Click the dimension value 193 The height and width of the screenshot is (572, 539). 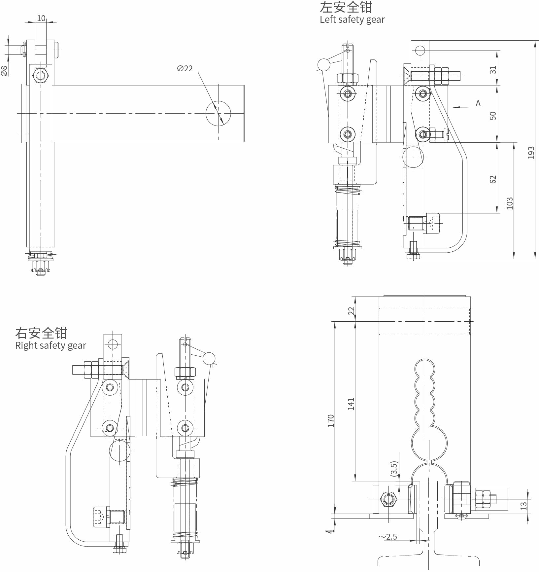[x=531, y=153]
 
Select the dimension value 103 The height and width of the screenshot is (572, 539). [x=510, y=203]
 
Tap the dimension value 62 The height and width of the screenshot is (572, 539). [x=493, y=179]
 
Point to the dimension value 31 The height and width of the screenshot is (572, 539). [x=493, y=70]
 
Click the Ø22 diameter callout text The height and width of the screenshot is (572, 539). [x=185, y=68]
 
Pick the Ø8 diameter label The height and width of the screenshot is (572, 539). [x=4, y=71]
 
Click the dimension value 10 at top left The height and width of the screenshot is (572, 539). [x=41, y=18]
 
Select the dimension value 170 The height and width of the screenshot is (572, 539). [x=331, y=421]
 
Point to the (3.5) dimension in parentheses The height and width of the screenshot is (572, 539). [x=394, y=468]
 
